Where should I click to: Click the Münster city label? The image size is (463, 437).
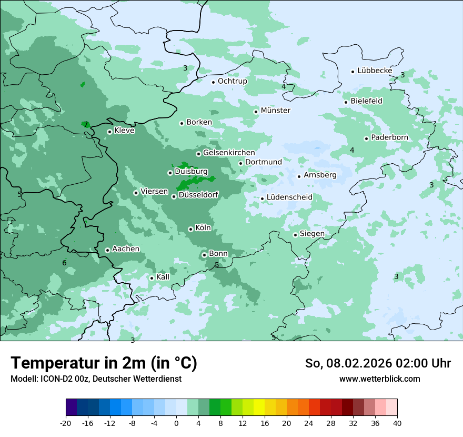(x=275, y=111)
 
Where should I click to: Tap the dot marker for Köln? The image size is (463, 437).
(x=190, y=229)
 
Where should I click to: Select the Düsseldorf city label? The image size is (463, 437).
(x=198, y=195)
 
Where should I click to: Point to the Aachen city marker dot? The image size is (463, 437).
(x=107, y=250)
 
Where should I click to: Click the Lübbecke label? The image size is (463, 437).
(x=375, y=71)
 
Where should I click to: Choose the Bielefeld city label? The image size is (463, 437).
(x=366, y=101)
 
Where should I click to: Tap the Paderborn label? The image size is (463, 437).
(x=389, y=137)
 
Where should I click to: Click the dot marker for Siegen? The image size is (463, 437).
(x=295, y=235)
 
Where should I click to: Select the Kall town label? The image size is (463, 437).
(x=163, y=277)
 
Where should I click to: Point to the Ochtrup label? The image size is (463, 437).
(x=232, y=81)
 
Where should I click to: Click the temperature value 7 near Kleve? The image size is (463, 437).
(x=86, y=125)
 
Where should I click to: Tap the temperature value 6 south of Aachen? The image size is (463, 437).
(x=64, y=263)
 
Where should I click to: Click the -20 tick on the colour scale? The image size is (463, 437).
(x=66, y=423)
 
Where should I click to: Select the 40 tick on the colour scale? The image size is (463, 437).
(x=397, y=423)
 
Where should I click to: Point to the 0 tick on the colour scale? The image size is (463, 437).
(x=176, y=423)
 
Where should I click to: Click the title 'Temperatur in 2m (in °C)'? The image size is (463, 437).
(x=104, y=363)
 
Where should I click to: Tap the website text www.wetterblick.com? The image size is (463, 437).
(x=379, y=379)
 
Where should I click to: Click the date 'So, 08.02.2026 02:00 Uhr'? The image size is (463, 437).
(x=378, y=363)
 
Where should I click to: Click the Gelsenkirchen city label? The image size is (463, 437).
(x=228, y=153)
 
